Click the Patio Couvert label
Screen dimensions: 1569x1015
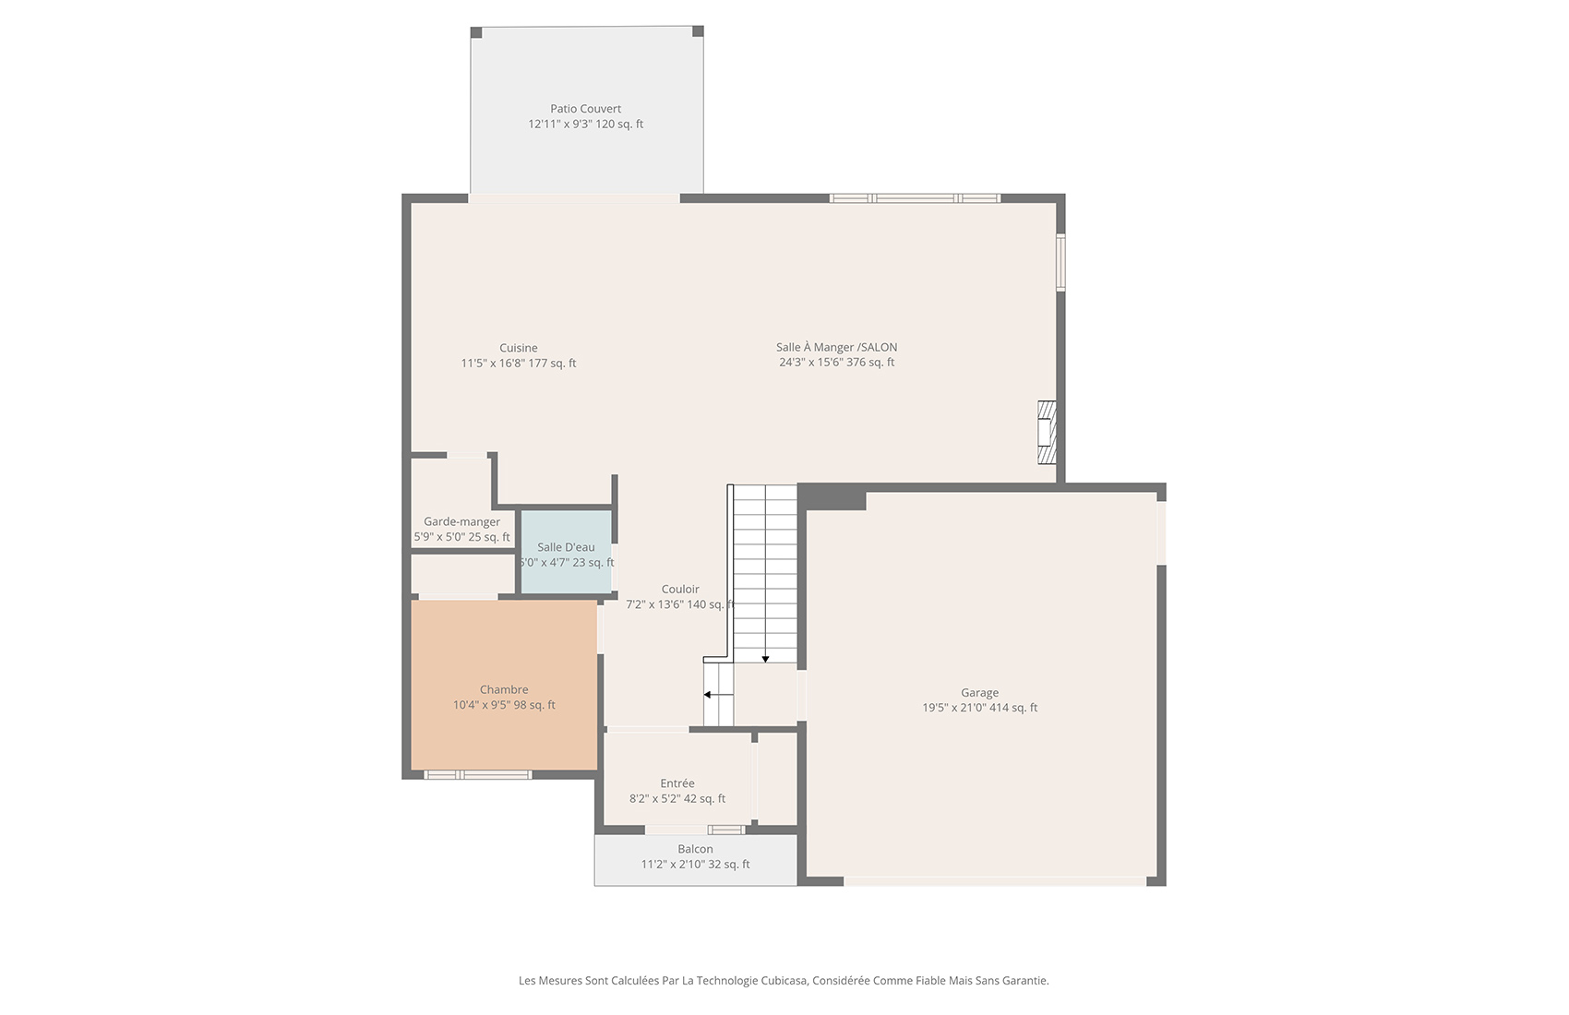click(x=585, y=109)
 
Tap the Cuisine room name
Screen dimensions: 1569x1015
click(x=519, y=348)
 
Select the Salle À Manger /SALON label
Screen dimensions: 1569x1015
click(x=836, y=348)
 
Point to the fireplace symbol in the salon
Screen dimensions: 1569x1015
click(x=1047, y=432)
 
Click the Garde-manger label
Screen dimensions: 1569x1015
click(x=461, y=522)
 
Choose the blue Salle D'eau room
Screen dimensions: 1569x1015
click(x=566, y=551)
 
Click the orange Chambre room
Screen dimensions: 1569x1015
click(x=504, y=685)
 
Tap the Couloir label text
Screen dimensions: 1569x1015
click(x=680, y=589)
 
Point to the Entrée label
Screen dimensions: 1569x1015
click(x=677, y=783)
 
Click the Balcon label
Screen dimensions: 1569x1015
click(x=695, y=849)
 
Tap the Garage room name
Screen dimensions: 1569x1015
click(x=979, y=693)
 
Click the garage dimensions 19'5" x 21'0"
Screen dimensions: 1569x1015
click(x=954, y=708)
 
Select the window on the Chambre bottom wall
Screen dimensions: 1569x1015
click(x=478, y=775)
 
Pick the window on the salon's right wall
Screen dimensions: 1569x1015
click(x=1060, y=262)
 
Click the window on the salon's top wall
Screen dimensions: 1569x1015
click(x=915, y=198)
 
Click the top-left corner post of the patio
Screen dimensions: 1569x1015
click(x=476, y=32)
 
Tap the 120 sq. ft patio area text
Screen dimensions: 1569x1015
click(x=619, y=125)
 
